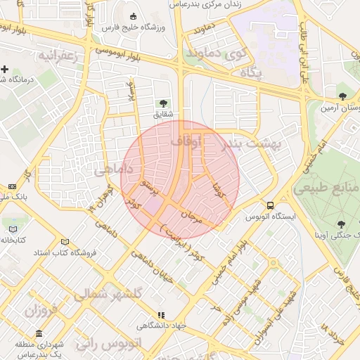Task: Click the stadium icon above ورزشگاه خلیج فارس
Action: click(134, 16)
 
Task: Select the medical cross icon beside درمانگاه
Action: click(5, 69)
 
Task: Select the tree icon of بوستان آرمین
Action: click(342, 96)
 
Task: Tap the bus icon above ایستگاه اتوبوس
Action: click(270, 205)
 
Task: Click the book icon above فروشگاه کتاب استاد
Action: click(65, 241)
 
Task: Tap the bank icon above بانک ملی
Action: click(12, 186)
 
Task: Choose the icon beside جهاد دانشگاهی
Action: click(161, 316)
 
